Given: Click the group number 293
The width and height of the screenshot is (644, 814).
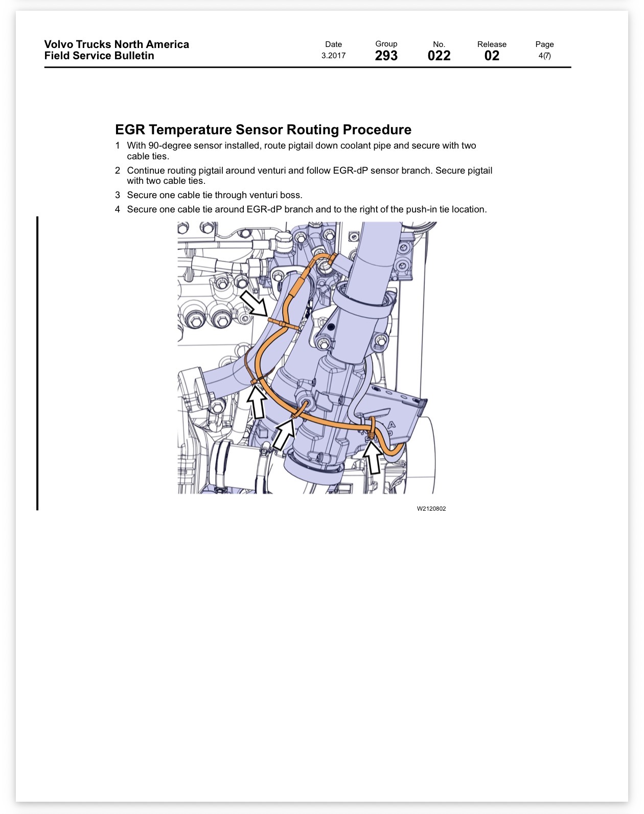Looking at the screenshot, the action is tap(386, 56).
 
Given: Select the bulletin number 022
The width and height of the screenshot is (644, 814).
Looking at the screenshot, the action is tap(439, 56).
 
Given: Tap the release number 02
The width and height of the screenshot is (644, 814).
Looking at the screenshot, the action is tap(492, 56).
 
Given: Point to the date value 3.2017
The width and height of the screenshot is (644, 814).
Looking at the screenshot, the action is tap(333, 56).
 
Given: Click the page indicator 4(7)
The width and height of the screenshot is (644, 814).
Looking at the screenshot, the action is tap(544, 56).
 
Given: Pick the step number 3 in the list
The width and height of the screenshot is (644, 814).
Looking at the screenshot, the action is tap(118, 195).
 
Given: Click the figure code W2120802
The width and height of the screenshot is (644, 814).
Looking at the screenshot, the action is tap(431, 509).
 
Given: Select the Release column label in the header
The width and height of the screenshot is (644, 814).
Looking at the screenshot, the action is tap(492, 44).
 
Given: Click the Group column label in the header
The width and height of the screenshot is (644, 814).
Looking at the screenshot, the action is tap(386, 44).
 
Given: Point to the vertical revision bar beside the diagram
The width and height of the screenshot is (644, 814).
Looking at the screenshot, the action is tap(37, 363).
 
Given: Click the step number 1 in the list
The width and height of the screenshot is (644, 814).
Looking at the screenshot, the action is tap(118, 146).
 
